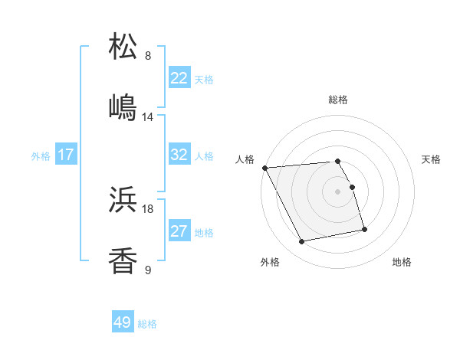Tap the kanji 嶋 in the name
click(123, 107)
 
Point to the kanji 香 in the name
click(123, 261)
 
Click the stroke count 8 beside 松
click(148, 56)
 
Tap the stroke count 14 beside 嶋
click(148, 117)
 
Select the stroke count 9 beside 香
click(148, 270)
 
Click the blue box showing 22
click(179, 78)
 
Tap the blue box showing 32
click(179, 155)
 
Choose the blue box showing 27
click(179, 231)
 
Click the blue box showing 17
click(66, 155)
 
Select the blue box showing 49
click(123, 322)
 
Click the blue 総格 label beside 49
click(147, 324)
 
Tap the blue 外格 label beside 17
click(41, 155)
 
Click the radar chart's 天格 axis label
click(432, 159)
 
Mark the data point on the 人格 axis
click(264, 168)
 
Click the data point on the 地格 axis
click(364, 229)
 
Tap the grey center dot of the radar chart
click(338, 191)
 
